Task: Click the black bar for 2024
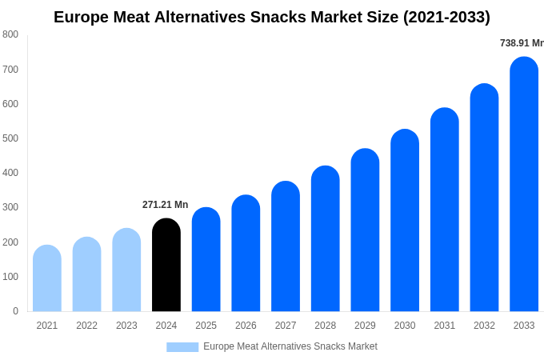[166, 265]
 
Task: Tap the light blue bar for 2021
[47, 278]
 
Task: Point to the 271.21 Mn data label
[166, 205]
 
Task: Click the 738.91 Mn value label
[522, 43]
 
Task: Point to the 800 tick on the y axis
[10, 34]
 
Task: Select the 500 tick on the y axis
[10, 138]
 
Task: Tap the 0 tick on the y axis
[15, 311]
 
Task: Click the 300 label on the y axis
[10, 207]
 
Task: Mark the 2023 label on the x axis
[126, 326]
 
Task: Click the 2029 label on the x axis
[365, 326]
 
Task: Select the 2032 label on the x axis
[484, 326]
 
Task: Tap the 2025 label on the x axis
[206, 326]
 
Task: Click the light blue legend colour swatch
[182, 347]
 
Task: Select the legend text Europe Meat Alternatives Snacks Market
[290, 346]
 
